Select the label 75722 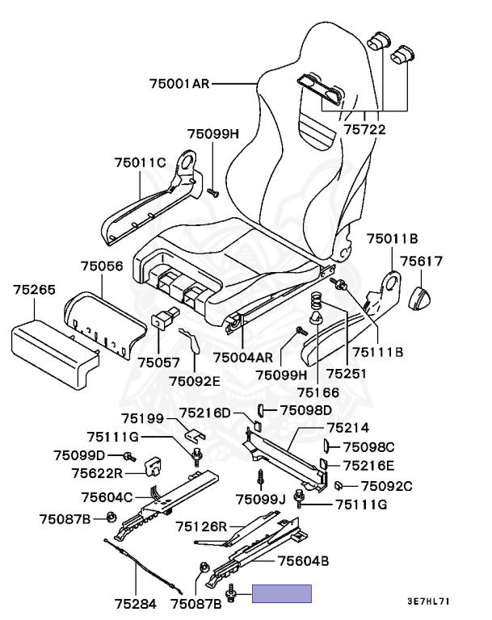364,128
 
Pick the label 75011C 140,162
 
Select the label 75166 319,392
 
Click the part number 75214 349,428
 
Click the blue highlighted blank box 281,595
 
